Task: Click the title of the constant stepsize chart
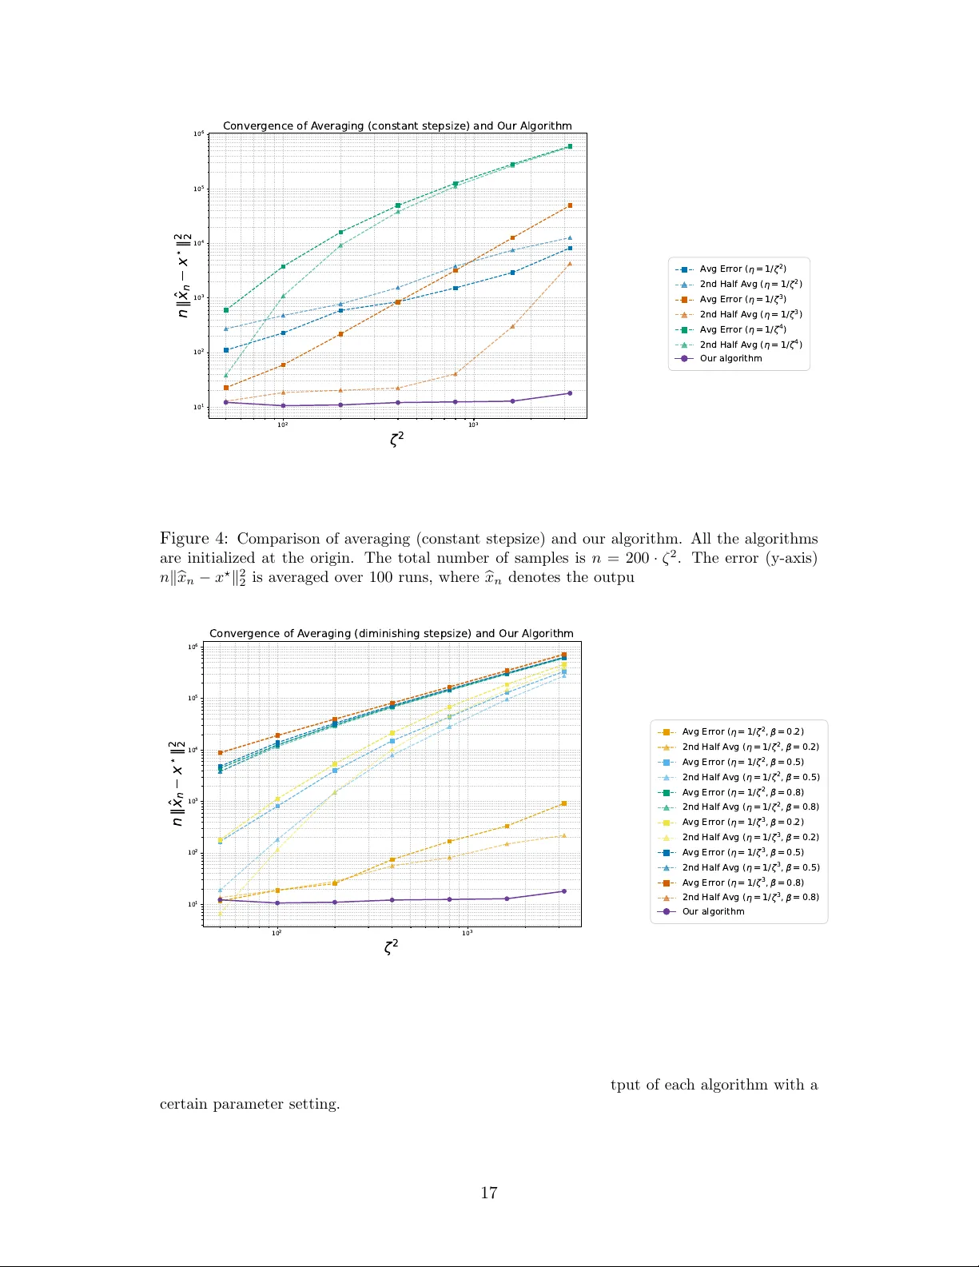[397, 126]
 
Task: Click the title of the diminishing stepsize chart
[391, 633]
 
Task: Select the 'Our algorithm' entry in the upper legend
[730, 358]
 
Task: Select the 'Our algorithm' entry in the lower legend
[713, 911]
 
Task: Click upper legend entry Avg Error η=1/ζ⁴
[742, 329]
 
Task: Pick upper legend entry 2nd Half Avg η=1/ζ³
[750, 314]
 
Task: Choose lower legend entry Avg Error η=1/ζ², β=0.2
[742, 731]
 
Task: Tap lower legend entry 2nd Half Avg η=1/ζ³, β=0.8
[750, 897]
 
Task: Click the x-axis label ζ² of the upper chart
[396, 438]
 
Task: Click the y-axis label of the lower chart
[177, 783]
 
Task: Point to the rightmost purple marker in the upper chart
[570, 393]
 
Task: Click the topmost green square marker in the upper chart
[570, 146]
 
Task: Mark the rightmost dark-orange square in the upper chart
[570, 205]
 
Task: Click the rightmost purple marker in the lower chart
[563, 891]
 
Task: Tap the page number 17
[488, 1193]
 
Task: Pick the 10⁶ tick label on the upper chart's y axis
[198, 134]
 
